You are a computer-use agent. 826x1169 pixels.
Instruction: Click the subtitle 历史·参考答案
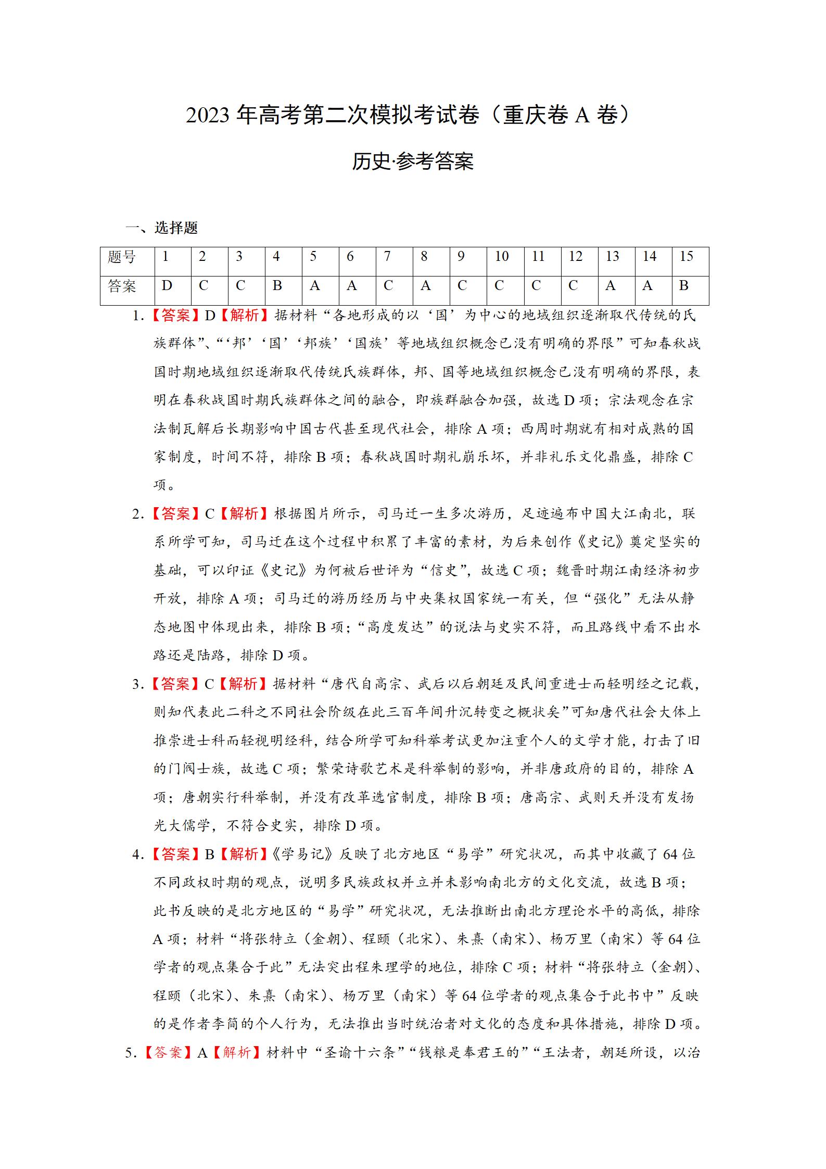pos(412,161)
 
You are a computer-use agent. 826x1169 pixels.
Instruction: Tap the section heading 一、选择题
pos(161,228)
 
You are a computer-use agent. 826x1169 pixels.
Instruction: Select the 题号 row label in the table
pos(122,257)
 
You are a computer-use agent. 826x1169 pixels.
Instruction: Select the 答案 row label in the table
pos(122,286)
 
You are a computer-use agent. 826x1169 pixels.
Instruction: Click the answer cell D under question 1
pos(167,286)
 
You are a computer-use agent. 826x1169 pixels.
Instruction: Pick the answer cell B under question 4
pos(277,286)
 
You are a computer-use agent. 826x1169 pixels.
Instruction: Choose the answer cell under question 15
pos(684,286)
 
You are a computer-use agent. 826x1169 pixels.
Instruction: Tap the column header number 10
pos(501,257)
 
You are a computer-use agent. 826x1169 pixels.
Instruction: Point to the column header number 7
pos(387,257)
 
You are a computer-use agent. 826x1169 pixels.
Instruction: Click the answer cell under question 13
pos(611,286)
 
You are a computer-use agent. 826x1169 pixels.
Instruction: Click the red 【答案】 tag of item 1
pos(175,316)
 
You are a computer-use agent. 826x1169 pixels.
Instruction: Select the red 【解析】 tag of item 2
pos(244,514)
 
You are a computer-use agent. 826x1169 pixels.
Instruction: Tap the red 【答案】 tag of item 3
pos(175,684)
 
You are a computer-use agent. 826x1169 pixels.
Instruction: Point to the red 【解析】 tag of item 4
pos(244,854)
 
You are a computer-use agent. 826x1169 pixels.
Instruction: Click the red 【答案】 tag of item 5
pos(168,1053)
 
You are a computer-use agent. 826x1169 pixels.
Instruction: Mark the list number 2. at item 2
pos(138,514)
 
